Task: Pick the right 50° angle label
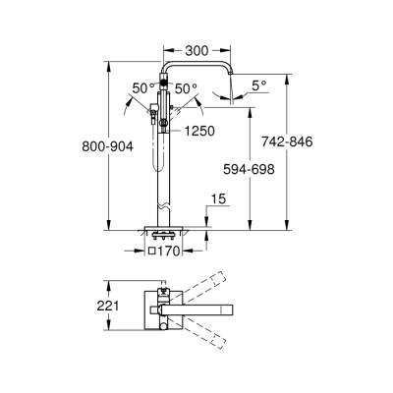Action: pyautogui.click(x=188, y=87)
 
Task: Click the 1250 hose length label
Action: pyautogui.click(x=197, y=130)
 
